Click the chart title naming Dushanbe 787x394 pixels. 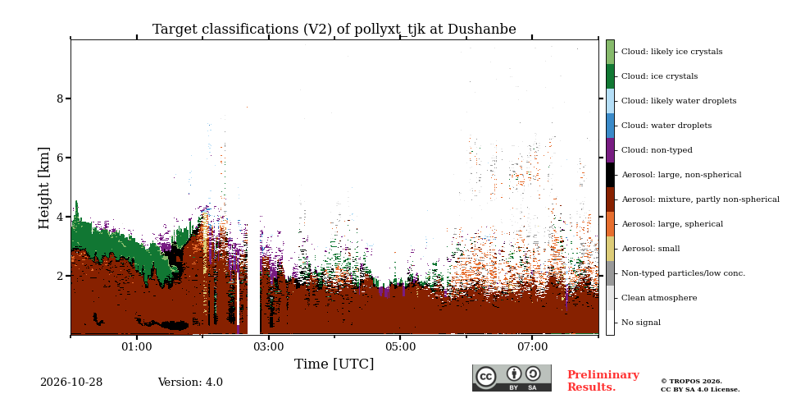tap(334, 30)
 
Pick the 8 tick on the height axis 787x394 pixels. tap(61, 98)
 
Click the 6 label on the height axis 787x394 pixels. tap(61, 158)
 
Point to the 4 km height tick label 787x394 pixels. tap(61, 217)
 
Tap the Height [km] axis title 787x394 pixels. tap(44, 188)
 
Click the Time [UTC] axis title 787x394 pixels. tap(334, 364)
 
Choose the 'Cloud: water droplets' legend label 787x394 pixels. tap(666, 126)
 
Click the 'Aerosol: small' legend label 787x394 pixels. tap(651, 249)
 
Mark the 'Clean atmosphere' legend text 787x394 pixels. tap(659, 298)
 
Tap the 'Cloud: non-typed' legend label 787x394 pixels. tap(657, 150)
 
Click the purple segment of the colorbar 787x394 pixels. tap(610, 150)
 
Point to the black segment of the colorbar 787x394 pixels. tap(610, 175)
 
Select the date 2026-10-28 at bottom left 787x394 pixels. tap(71, 383)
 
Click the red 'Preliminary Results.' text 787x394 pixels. tap(603, 381)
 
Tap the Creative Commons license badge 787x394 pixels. tap(512, 378)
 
